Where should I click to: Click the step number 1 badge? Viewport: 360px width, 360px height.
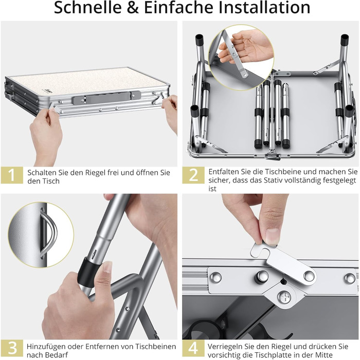coord(12,175)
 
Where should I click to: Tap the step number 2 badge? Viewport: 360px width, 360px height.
coord(193,175)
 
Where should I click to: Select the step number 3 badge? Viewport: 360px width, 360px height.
coord(12,348)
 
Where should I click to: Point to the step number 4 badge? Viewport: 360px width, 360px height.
coord(193,348)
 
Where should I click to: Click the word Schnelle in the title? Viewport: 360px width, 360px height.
coord(88,7)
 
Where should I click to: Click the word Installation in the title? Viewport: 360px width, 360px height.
coord(264,7)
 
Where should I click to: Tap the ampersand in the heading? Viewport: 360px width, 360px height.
coord(133,8)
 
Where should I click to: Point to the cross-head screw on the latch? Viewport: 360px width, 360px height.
coord(284,297)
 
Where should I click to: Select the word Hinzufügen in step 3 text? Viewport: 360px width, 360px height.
coord(45,347)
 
